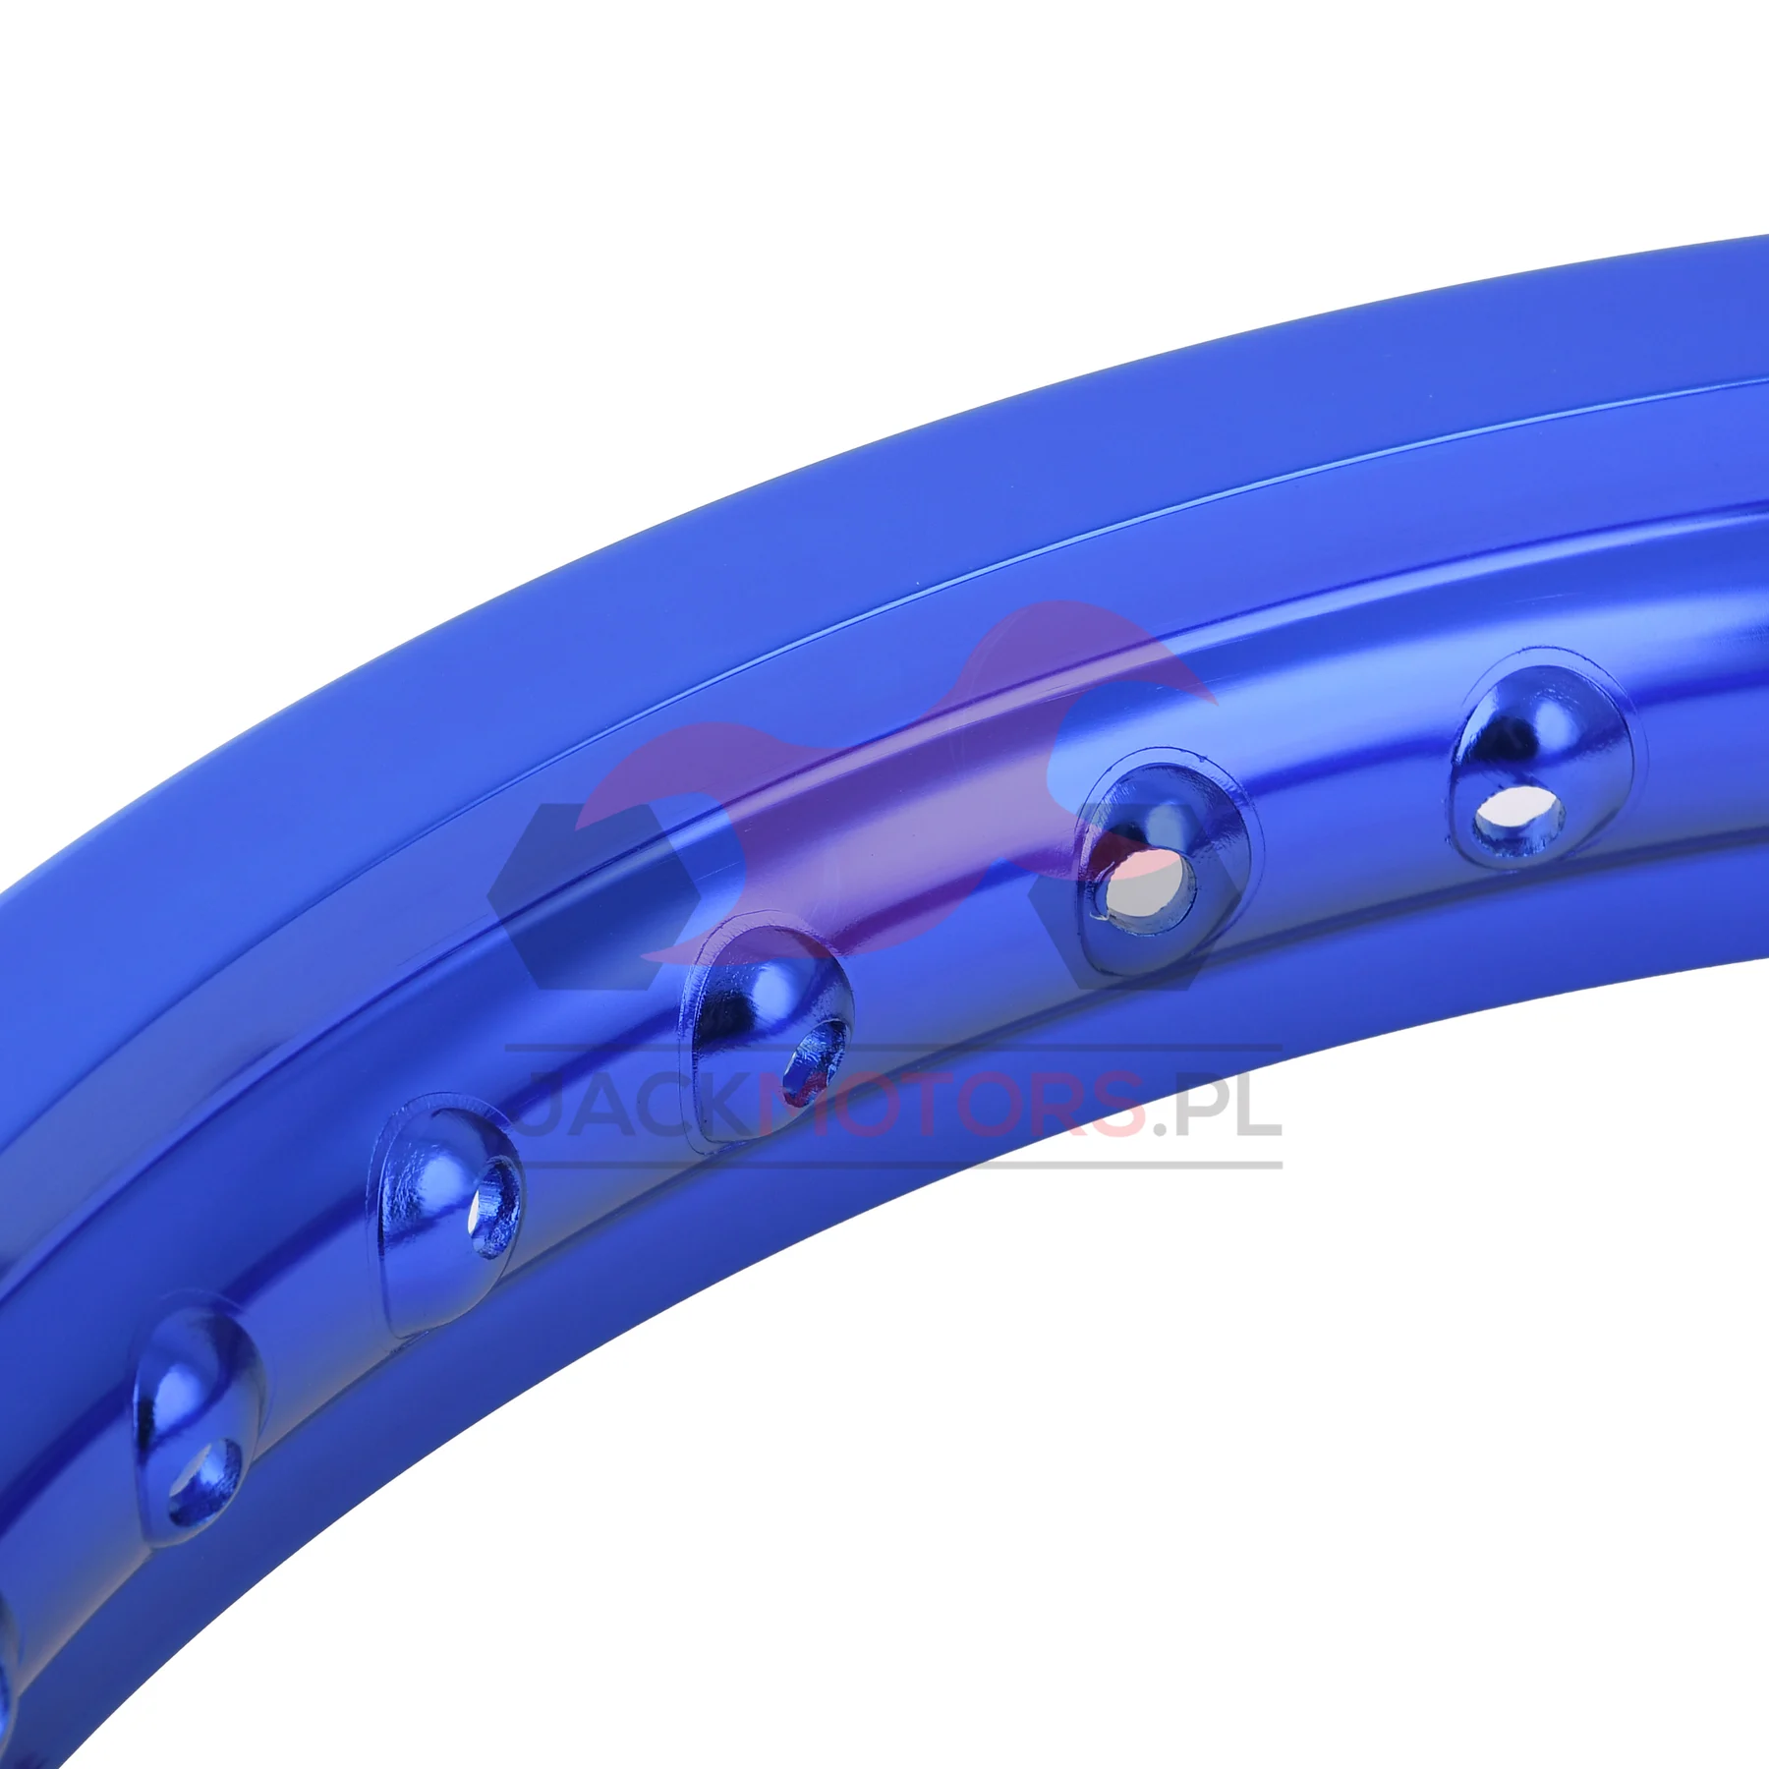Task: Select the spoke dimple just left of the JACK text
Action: pos(451,1213)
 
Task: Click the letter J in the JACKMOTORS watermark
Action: pos(541,1106)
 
